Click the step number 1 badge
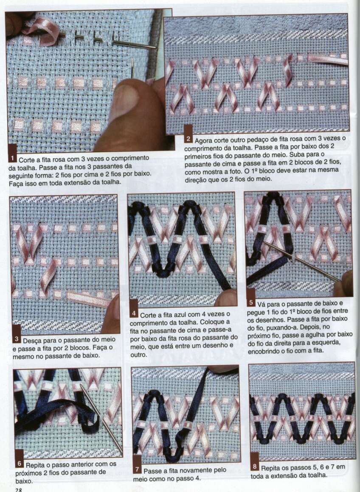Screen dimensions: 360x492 tap(13, 153)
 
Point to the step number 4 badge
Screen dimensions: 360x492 tap(134, 309)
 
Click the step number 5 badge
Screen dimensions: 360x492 tap(250, 298)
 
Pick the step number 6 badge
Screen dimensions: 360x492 tap(20, 459)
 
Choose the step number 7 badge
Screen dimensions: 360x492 tap(137, 465)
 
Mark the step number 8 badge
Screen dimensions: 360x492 tap(254, 462)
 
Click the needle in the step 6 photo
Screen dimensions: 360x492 tap(101, 418)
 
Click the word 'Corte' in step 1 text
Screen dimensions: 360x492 tap(27, 160)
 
